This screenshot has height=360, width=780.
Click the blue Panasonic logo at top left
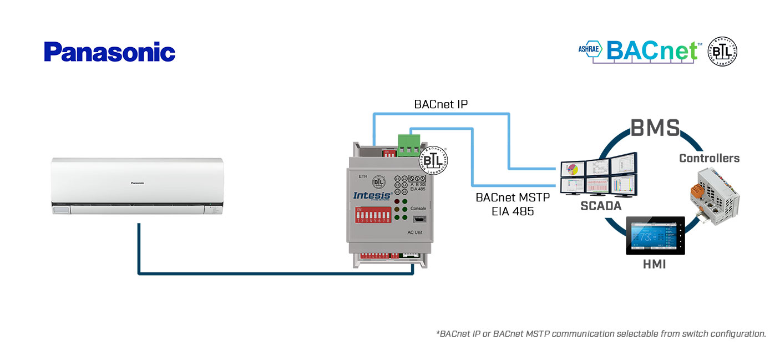click(x=109, y=52)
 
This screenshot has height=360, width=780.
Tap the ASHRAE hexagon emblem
click(x=590, y=49)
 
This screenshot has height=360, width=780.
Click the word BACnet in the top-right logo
click(x=652, y=50)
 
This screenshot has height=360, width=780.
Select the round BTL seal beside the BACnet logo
click(x=722, y=52)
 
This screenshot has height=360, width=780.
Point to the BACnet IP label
click(x=441, y=104)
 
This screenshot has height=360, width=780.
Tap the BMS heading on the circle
click(x=655, y=128)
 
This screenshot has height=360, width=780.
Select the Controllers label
click(x=709, y=158)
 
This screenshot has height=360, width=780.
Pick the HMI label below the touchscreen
click(x=655, y=265)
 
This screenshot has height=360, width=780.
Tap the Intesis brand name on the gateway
click(x=372, y=195)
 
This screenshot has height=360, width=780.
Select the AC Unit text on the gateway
click(x=414, y=232)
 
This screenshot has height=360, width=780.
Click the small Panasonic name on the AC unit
click(x=138, y=182)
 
